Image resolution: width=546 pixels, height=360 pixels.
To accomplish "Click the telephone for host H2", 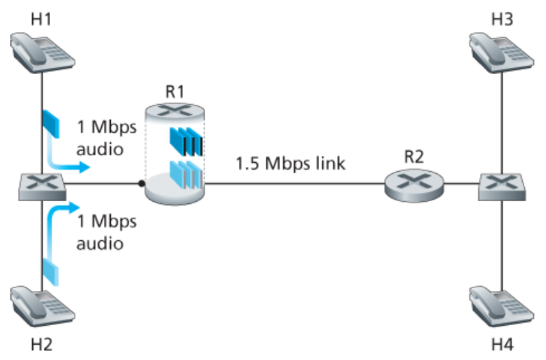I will (x=42, y=306).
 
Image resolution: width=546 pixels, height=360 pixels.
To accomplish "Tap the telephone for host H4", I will (x=503, y=306).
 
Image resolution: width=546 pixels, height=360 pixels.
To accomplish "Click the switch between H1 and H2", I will (x=42, y=183).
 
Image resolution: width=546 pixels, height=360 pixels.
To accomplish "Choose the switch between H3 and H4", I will (x=504, y=183).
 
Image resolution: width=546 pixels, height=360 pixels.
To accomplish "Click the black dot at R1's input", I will (x=141, y=183).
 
